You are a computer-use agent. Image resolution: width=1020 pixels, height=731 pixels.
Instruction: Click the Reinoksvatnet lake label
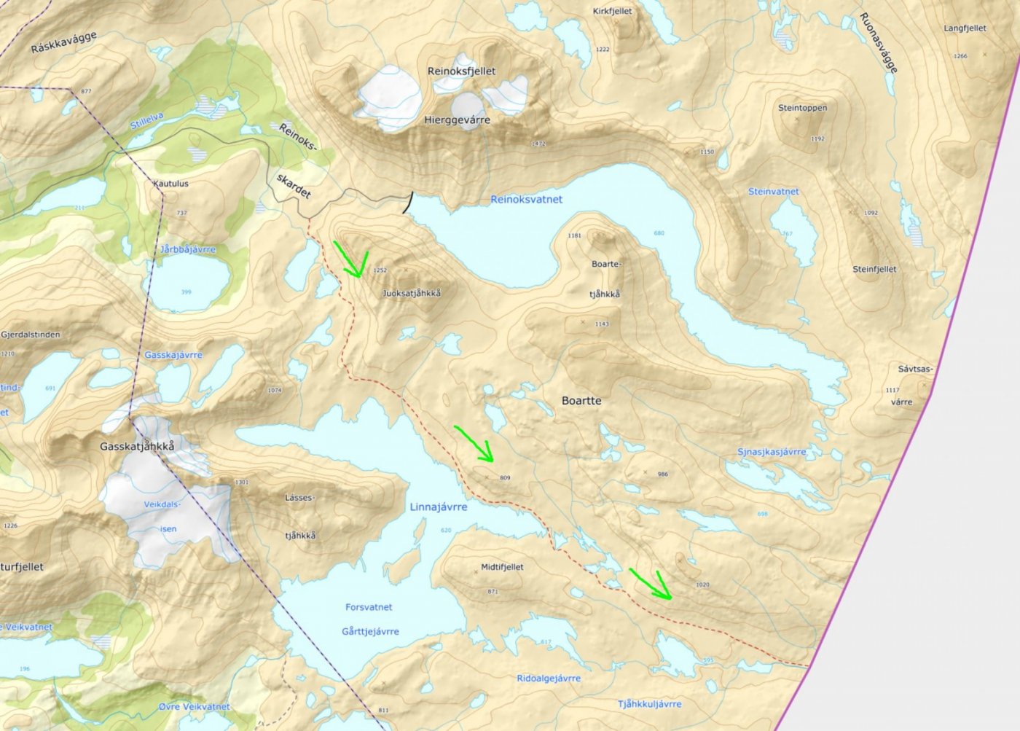tap(526, 199)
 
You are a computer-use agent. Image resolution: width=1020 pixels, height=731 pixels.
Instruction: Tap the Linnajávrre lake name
tap(438, 507)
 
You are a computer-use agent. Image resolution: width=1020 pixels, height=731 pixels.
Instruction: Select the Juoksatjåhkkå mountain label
tap(412, 293)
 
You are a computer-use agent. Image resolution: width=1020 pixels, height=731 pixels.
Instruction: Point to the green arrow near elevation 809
tap(475, 445)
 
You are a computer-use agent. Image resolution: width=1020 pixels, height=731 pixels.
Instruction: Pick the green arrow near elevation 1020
tap(652, 585)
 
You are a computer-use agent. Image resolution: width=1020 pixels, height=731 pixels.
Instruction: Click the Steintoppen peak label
tap(802, 108)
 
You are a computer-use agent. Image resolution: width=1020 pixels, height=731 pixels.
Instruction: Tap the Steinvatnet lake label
tap(773, 192)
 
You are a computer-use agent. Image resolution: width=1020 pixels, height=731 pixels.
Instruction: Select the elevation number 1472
tap(538, 144)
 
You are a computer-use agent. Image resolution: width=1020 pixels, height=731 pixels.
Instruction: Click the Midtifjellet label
tap(502, 567)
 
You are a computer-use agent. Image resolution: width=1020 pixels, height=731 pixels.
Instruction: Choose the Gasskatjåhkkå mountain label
tap(137, 446)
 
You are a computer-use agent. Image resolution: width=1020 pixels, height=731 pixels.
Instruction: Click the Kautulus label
tap(170, 184)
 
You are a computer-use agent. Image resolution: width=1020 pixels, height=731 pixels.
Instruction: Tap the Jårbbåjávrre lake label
tap(188, 249)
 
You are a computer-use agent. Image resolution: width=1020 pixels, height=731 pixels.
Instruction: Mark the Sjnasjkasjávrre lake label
tap(772, 452)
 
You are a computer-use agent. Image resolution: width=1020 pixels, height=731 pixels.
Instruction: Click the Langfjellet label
tap(965, 28)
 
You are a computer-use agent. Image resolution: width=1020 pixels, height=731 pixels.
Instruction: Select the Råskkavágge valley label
tap(64, 42)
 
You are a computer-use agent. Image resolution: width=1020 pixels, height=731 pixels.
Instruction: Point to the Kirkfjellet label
tap(612, 11)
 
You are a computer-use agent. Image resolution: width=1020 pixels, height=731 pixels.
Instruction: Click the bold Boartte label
tap(581, 401)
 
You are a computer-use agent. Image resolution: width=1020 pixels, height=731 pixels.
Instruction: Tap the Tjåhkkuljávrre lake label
tap(649, 704)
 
